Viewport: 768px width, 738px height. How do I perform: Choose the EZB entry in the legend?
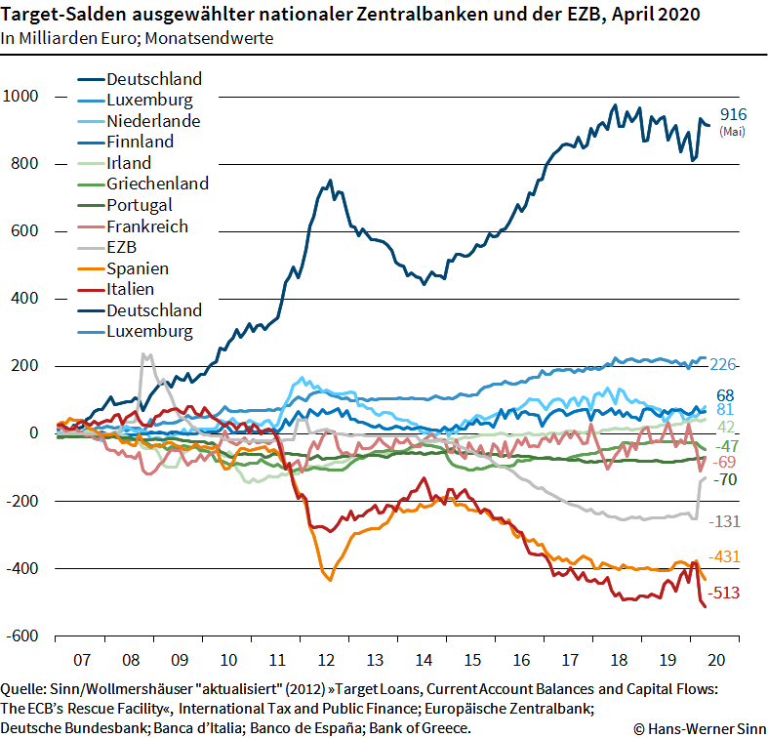[123, 247]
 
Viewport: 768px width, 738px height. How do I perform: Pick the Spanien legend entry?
[138, 268]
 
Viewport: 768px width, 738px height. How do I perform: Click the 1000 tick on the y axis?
[20, 96]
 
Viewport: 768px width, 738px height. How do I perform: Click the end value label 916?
[733, 115]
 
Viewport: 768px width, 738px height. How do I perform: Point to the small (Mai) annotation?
[732, 132]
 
